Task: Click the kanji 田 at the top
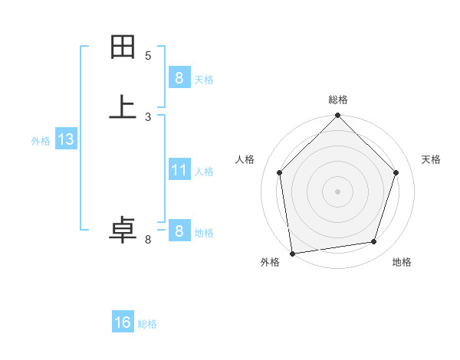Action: click(x=123, y=47)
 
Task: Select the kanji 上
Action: click(x=123, y=107)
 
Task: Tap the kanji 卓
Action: click(x=123, y=231)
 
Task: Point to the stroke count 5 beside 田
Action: click(x=148, y=55)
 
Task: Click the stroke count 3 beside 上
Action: click(x=148, y=116)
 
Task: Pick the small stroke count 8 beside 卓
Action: click(x=148, y=241)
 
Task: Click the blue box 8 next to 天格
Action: click(x=179, y=77)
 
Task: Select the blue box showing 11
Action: click(x=179, y=169)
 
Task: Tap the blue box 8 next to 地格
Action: click(x=179, y=231)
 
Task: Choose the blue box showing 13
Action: click(x=65, y=139)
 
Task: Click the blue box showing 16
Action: click(x=123, y=322)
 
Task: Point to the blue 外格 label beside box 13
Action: click(x=41, y=141)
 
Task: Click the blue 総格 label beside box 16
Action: click(x=147, y=324)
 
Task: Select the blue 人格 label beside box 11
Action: click(x=204, y=171)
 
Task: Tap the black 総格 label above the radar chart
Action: click(x=338, y=100)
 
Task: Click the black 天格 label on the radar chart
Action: click(x=432, y=159)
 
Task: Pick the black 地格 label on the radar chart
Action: click(x=402, y=262)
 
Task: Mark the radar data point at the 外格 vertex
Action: click(x=292, y=253)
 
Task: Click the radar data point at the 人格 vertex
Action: click(x=279, y=172)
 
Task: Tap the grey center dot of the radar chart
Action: click(x=337, y=191)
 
